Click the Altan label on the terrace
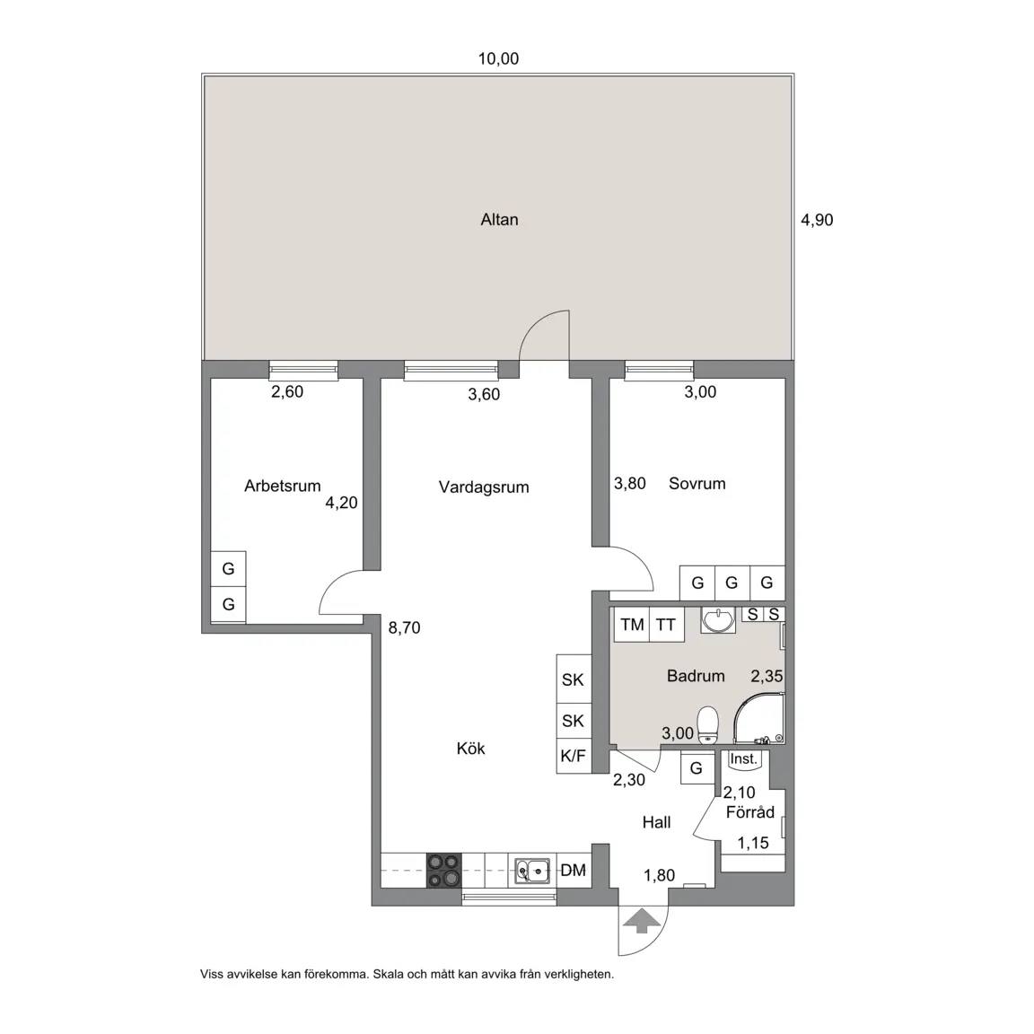tap(499, 220)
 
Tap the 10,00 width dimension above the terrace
tap(498, 58)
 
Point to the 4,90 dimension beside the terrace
tap(817, 220)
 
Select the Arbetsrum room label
tap(282, 486)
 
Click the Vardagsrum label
tap(484, 487)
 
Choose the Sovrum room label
tap(697, 484)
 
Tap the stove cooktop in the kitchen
tap(443, 871)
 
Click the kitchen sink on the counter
tap(532, 871)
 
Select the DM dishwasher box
tap(573, 871)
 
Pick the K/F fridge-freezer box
tap(573, 756)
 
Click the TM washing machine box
tap(632, 624)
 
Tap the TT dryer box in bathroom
tap(666, 624)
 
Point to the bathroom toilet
tap(707, 724)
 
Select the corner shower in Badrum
tap(758, 718)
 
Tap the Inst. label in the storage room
tap(743, 759)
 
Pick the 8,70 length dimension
tap(404, 627)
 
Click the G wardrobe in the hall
tap(697, 767)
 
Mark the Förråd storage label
tap(750, 812)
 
